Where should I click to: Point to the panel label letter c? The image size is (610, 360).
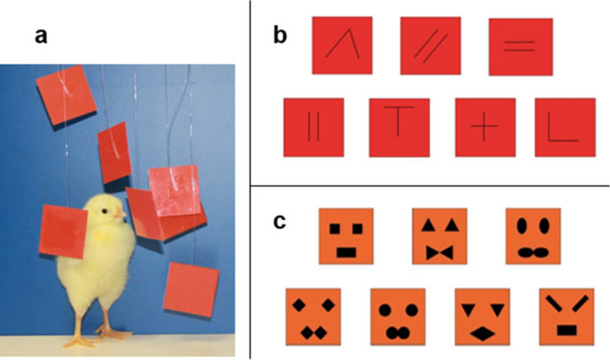280,222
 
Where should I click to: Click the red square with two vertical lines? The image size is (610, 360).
313,128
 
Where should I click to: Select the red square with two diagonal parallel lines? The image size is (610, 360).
431,46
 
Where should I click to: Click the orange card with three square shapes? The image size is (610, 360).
346,237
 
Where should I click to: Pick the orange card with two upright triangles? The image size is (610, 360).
440,237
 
